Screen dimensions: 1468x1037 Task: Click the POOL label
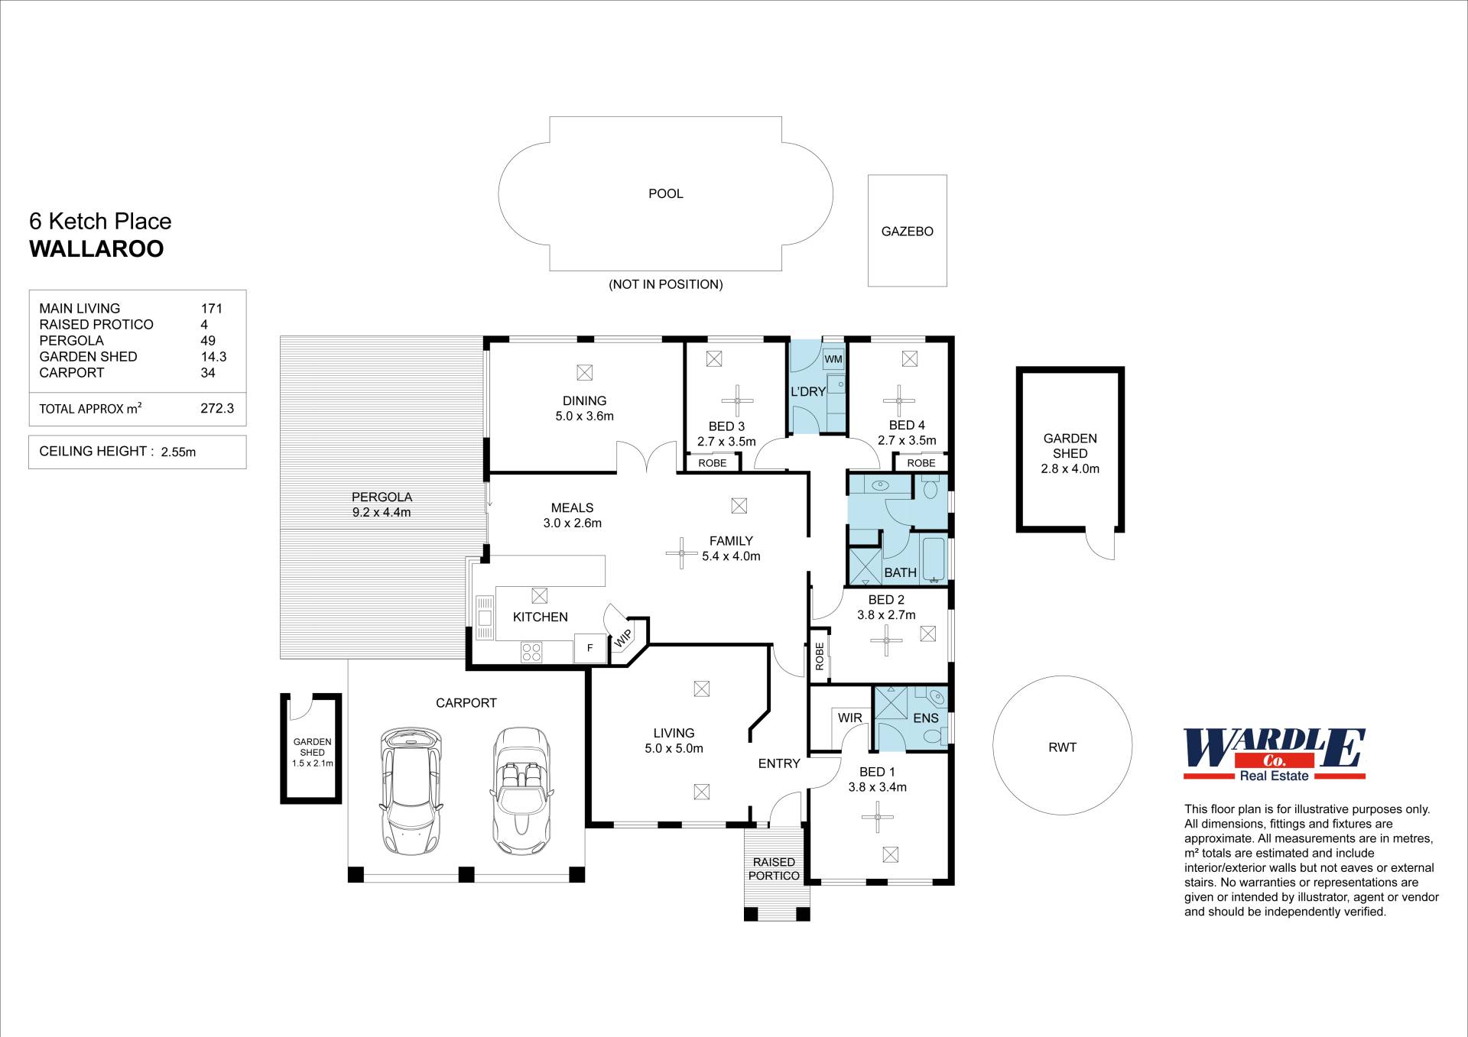click(665, 194)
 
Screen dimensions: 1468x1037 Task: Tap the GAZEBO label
click(907, 232)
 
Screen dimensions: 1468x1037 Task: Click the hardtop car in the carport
click(411, 791)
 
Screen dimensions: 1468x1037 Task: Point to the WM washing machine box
click(833, 358)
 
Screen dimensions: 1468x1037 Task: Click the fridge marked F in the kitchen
click(589, 648)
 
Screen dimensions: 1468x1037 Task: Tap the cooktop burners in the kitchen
click(531, 652)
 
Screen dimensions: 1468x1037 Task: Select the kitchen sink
click(485, 617)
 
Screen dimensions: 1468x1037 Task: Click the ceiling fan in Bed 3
click(737, 400)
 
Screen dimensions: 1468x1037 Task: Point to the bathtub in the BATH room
click(934, 560)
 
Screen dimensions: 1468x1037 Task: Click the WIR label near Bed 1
click(849, 718)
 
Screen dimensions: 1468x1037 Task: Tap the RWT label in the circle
click(1062, 747)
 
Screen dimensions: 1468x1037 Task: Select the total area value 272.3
click(217, 409)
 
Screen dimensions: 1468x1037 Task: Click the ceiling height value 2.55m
click(178, 452)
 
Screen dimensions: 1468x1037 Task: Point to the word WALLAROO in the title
click(96, 249)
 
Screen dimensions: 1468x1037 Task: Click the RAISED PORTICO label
click(774, 869)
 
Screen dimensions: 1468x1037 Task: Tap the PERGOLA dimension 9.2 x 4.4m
click(382, 513)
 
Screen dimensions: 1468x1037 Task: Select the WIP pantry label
click(623, 638)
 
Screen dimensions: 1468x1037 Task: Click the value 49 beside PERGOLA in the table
click(208, 341)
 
